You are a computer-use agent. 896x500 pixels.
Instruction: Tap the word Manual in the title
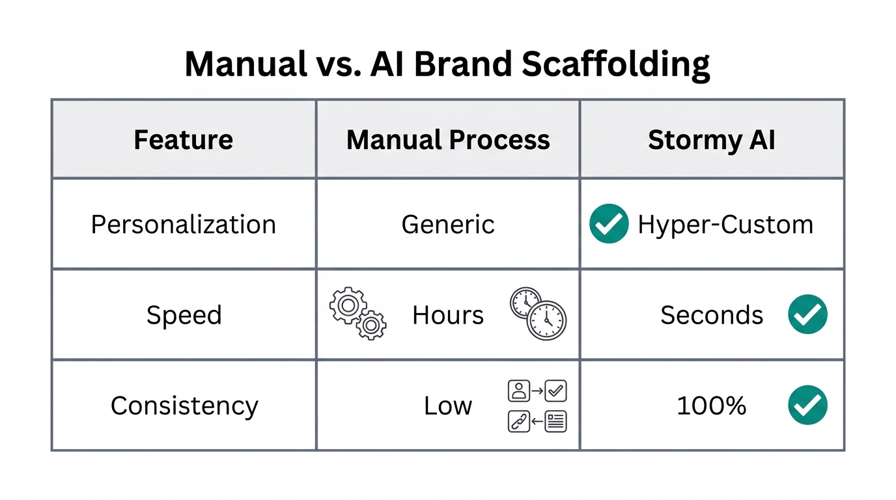(x=245, y=64)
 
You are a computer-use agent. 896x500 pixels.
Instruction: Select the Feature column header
(x=183, y=140)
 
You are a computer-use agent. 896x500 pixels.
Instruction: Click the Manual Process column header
(x=448, y=140)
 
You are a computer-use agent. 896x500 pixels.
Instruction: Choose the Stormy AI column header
(x=711, y=140)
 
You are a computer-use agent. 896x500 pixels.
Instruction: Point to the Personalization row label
(x=183, y=225)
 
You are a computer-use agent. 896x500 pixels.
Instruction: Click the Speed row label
(x=184, y=315)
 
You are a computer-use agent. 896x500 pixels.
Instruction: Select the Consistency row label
(x=184, y=406)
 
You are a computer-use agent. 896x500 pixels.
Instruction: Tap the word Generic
(x=448, y=225)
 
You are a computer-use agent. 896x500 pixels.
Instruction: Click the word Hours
(x=448, y=315)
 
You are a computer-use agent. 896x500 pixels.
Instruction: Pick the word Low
(x=448, y=406)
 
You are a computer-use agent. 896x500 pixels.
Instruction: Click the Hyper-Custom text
(x=725, y=225)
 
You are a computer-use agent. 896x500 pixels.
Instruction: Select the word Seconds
(x=712, y=315)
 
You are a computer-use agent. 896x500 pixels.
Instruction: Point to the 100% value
(x=711, y=406)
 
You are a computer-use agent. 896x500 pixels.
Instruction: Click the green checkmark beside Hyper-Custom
(x=609, y=224)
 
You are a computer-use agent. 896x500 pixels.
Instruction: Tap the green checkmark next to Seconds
(x=807, y=314)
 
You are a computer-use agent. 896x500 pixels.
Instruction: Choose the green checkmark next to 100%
(x=807, y=405)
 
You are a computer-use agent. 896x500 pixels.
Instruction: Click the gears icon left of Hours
(x=358, y=313)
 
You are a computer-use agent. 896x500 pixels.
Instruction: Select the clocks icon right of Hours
(x=538, y=313)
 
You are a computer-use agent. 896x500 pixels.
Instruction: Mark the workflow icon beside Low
(x=537, y=406)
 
